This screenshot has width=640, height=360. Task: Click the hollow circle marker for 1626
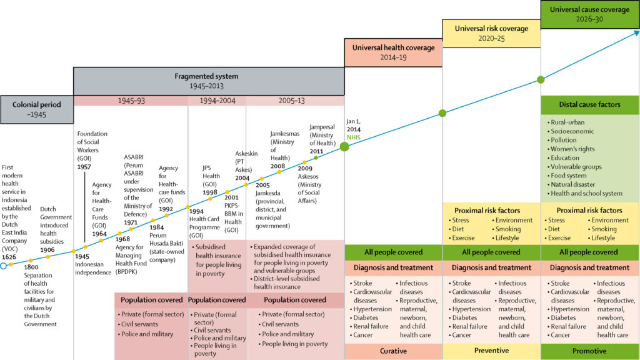point(3,266)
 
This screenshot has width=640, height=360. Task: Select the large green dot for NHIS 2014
point(344,147)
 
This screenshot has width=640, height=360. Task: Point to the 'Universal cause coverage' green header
point(589,14)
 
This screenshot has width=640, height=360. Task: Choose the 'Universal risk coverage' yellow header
point(491,33)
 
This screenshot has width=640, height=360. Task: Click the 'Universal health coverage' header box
point(394,52)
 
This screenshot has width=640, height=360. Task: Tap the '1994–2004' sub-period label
point(217,100)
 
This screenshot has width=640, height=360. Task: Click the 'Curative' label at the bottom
point(394,351)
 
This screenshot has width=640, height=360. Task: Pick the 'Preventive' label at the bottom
point(491,351)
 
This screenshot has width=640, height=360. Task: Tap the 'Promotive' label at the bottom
point(589,351)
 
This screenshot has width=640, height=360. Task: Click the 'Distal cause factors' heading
point(589,104)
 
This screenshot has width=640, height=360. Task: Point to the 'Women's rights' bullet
point(574,149)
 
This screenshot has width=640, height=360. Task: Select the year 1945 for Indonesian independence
point(82,256)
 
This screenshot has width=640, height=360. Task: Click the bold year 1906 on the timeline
point(47,250)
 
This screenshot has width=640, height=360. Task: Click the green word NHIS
point(354,136)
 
